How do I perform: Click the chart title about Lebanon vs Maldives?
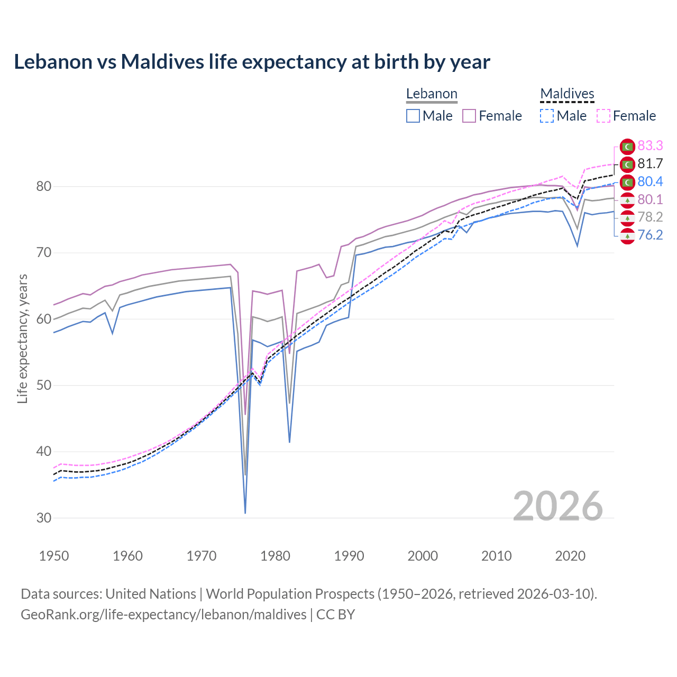point(252,62)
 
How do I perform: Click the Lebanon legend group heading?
point(432,94)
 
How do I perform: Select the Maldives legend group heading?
point(567,94)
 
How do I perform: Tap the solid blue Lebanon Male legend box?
point(413,116)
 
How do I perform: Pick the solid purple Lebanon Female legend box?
point(470,116)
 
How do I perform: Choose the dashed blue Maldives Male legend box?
point(547,116)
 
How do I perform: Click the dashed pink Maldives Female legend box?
point(603,116)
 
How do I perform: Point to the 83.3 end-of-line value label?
point(650,145)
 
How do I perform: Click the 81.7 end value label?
point(650,163)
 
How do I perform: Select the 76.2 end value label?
point(650,235)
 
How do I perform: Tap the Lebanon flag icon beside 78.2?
point(627,217)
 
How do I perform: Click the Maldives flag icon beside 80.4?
point(627,182)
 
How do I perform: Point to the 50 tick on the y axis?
point(44,385)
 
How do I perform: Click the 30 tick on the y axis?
point(44,518)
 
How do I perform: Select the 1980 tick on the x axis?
point(276,556)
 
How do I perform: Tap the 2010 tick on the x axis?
point(496,556)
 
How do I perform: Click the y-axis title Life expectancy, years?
point(22,338)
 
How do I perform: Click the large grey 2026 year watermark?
point(557,507)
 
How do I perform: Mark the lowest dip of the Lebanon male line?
point(245,513)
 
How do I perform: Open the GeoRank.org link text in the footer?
point(163,615)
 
